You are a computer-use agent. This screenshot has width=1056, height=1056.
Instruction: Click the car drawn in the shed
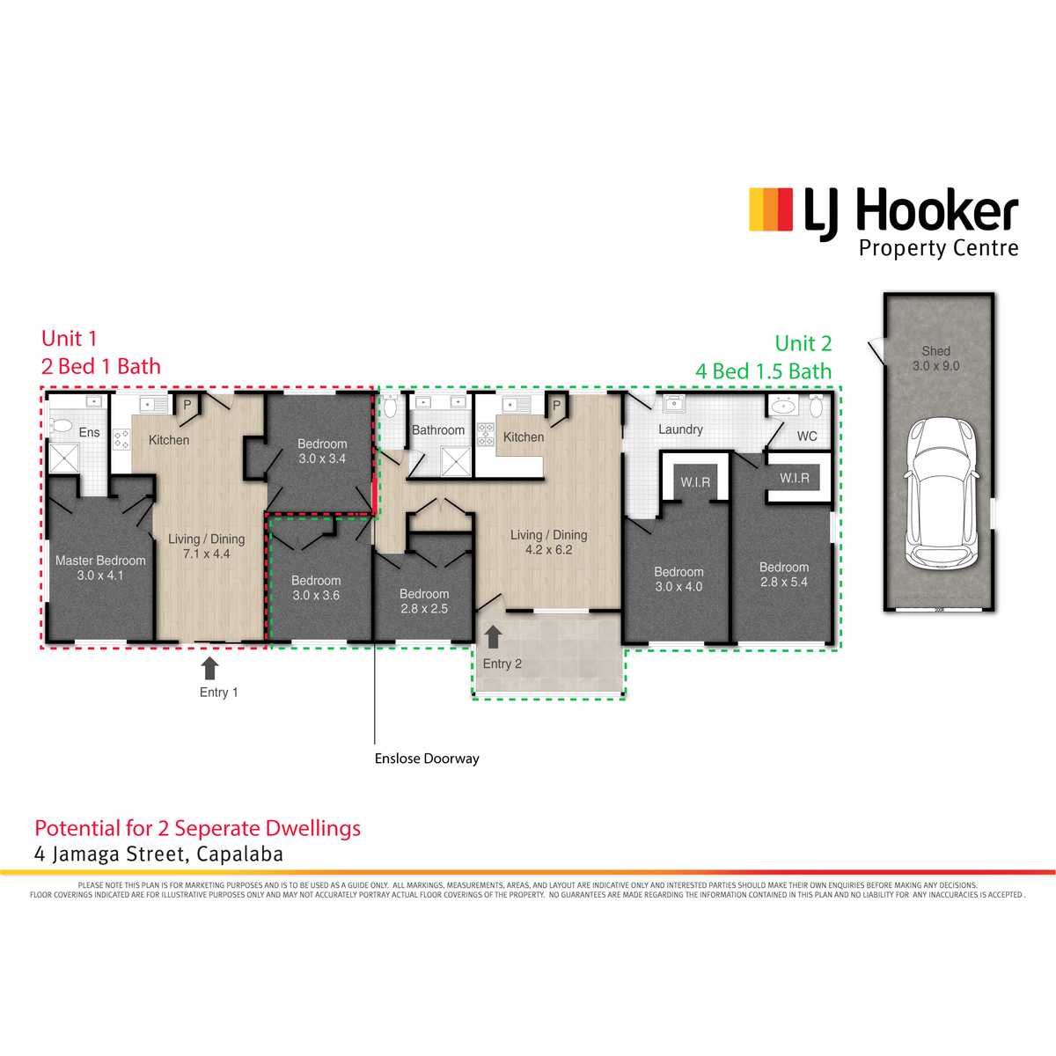[x=941, y=495]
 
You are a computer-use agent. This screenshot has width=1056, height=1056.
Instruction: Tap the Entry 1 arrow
[x=209, y=669]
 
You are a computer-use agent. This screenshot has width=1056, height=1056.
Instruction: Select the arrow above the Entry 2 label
[x=493, y=638]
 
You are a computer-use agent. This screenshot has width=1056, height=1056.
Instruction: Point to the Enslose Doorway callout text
[x=427, y=759]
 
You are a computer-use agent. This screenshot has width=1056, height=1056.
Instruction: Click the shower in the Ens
[x=64, y=458]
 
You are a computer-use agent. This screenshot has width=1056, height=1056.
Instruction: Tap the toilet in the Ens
[x=61, y=425]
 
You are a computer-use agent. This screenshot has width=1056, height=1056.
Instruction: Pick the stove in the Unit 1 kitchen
[x=121, y=440]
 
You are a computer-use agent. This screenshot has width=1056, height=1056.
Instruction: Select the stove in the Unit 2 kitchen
[x=486, y=434]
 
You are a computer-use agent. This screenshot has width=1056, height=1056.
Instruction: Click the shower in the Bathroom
[x=456, y=461]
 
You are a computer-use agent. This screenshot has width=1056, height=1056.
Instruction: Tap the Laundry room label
[x=680, y=429]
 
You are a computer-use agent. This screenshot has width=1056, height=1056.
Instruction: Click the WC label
[x=807, y=436]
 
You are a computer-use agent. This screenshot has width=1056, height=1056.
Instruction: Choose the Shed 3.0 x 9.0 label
[x=936, y=358]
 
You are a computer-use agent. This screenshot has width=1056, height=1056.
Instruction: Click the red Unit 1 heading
[x=70, y=338]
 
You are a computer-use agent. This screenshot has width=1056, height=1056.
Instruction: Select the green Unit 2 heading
[x=803, y=343]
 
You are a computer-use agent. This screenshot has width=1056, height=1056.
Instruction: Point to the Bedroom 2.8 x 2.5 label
[x=424, y=601]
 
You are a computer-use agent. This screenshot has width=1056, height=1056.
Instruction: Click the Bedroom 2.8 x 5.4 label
[x=784, y=575]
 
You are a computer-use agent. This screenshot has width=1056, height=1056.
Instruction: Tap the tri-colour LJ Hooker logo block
[x=771, y=209]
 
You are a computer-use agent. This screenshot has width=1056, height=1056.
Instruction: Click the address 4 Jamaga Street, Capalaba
[x=159, y=854]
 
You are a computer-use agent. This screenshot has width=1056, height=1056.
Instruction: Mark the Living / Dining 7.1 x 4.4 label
[x=207, y=546]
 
